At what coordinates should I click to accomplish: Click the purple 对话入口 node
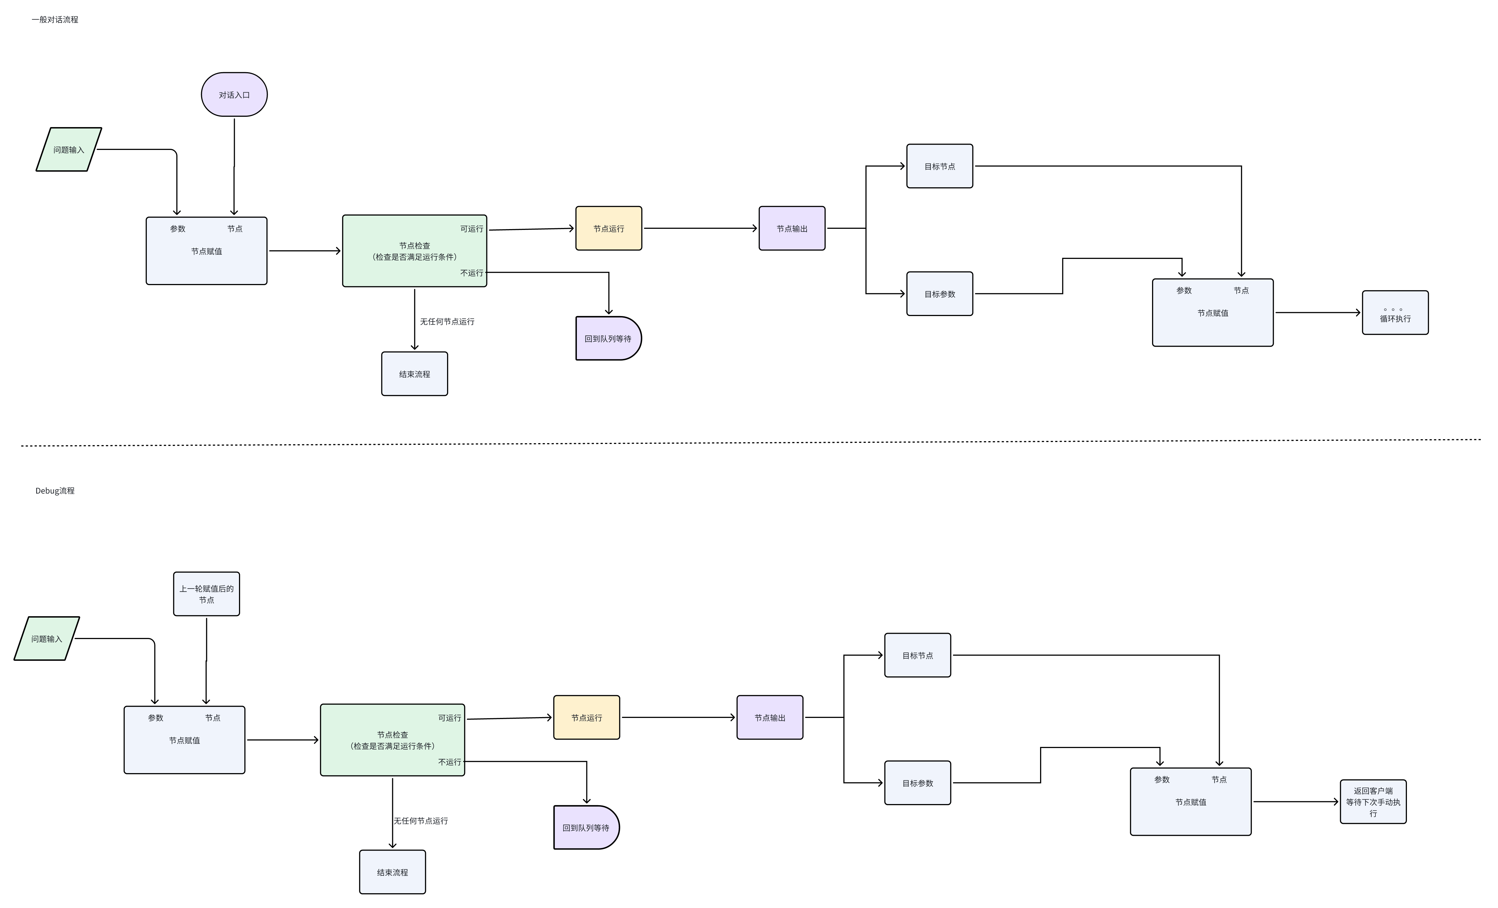coord(234,95)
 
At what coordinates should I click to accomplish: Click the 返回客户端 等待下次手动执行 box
coord(1373,802)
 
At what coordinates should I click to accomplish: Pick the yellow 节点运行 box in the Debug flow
coord(586,718)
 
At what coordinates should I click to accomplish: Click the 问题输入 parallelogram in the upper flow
coord(69,150)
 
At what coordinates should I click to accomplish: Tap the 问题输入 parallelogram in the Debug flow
coord(47,638)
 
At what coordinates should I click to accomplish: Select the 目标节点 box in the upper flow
coord(939,166)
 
